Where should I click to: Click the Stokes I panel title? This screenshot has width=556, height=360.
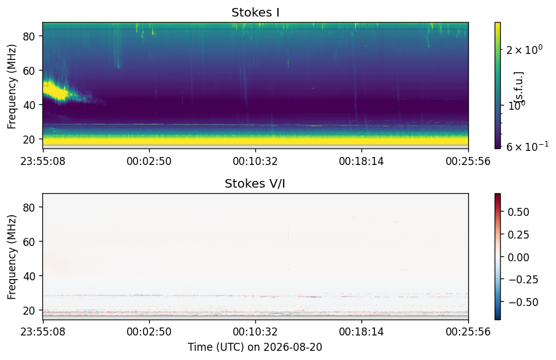pyautogui.click(x=255, y=12)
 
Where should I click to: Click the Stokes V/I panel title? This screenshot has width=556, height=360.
pyautogui.click(x=255, y=183)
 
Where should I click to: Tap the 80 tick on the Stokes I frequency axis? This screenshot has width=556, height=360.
pyautogui.click(x=28, y=36)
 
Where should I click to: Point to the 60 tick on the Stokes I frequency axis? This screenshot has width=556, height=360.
pyautogui.click(x=28, y=71)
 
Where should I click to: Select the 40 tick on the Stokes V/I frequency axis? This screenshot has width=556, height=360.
pyautogui.click(x=28, y=276)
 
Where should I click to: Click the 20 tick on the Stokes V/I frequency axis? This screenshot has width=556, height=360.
pyautogui.click(x=28, y=310)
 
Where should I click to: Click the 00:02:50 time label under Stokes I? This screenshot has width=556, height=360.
pyautogui.click(x=149, y=161)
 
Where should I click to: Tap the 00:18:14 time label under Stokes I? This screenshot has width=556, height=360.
pyautogui.click(x=361, y=161)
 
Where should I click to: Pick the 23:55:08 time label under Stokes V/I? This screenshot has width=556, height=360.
pyautogui.click(x=43, y=332)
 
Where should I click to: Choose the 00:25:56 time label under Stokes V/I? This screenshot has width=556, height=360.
pyautogui.click(x=468, y=332)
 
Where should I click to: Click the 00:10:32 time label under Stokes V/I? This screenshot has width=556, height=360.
pyautogui.click(x=255, y=332)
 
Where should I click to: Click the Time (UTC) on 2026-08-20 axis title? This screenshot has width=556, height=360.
pyautogui.click(x=255, y=347)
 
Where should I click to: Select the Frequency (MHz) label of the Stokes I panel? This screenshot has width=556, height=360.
pyautogui.click(x=12, y=86)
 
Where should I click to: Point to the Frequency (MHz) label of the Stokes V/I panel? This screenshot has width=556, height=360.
pyautogui.click(x=12, y=257)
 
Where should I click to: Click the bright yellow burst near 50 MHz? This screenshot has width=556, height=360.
pyautogui.click(x=56, y=90)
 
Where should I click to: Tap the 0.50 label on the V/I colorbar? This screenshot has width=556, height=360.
pyautogui.click(x=519, y=212)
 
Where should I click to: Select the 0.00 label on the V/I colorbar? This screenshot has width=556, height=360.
pyautogui.click(x=519, y=257)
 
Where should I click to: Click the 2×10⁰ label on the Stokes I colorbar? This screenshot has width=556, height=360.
pyautogui.click(x=524, y=50)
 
